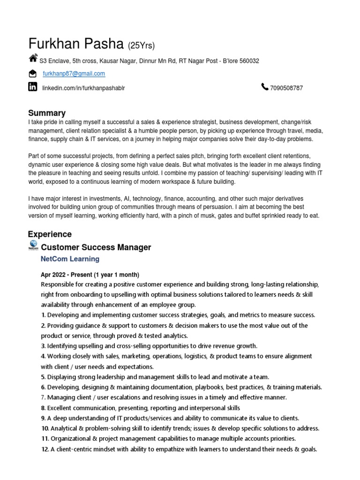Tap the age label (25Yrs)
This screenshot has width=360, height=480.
pyautogui.click(x=142, y=45)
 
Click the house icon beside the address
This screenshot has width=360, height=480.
pyautogui.click(x=33, y=59)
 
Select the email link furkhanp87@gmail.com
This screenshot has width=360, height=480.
pyautogui.click(x=74, y=74)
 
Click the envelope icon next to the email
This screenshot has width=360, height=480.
pyautogui.click(x=32, y=74)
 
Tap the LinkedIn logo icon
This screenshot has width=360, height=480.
pyautogui.click(x=33, y=86)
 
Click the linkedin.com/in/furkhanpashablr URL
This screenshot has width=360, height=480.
pyautogui.click(x=84, y=88)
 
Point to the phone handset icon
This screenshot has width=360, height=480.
pyautogui.click(x=265, y=87)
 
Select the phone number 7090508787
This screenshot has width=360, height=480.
pyautogui.click(x=286, y=88)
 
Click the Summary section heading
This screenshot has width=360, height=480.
pyautogui.click(x=47, y=113)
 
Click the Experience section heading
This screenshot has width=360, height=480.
pyautogui.click(x=50, y=234)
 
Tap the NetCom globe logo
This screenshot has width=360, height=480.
pyautogui.click(x=33, y=245)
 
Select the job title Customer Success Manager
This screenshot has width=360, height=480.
pyautogui.click(x=96, y=247)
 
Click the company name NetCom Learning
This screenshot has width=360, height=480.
pyautogui.click(x=70, y=259)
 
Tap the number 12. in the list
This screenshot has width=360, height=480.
pyautogui.click(x=45, y=449)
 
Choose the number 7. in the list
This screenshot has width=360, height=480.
pyautogui.click(x=43, y=397)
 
